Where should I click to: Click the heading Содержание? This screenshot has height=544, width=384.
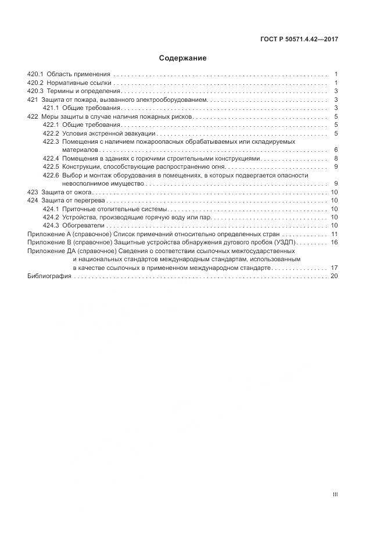[182, 58]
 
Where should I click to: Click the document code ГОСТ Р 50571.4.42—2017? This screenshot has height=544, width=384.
[300, 40]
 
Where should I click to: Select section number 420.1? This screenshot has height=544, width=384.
[35, 74]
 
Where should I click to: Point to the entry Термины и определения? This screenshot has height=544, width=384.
[85, 91]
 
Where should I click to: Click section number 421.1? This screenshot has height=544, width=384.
[51, 108]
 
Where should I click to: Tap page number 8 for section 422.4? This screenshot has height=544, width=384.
[336, 158]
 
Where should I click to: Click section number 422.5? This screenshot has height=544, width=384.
[51, 167]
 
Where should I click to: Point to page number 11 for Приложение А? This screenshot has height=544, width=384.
[334, 234]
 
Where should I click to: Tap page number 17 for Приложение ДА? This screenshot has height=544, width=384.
[334, 268]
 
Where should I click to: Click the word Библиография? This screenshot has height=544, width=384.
[49, 276]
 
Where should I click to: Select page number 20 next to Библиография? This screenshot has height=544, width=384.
[334, 276]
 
